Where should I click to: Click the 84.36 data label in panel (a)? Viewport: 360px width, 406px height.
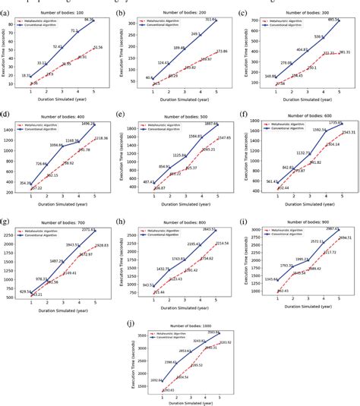coord(90,20)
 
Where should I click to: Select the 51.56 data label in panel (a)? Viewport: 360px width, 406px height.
coord(98,47)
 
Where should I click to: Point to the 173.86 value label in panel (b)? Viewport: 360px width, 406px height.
coord(221,51)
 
